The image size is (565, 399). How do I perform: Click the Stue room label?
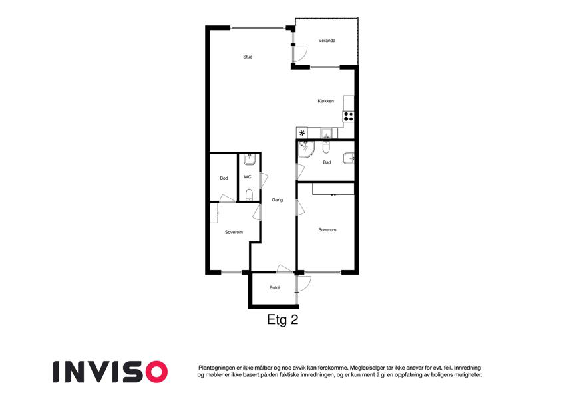tap(248, 57)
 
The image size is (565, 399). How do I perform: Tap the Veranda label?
tap(327, 41)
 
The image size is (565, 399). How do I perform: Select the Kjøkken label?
tap(325, 101)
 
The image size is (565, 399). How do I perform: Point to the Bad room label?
tap(327, 162)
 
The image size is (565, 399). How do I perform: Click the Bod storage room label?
tap(224, 178)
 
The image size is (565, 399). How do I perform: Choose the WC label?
tap(248, 177)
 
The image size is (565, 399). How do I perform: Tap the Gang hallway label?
tap(277, 200)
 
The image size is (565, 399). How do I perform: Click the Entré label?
tap(275, 288)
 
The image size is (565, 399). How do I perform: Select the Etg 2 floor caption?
tap(282, 319)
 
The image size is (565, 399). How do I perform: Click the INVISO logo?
tap(110, 372)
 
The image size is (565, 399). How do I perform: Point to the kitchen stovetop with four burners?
tap(349, 116)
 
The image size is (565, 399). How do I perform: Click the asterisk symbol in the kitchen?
tap(302, 133)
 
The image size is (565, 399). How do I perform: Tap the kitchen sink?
tap(327, 133)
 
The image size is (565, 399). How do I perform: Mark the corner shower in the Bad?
tap(305, 150)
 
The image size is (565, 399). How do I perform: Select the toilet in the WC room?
tap(249, 195)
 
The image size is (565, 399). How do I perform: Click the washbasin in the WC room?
tap(250, 159)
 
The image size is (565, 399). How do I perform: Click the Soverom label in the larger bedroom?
tap(327, 229)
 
